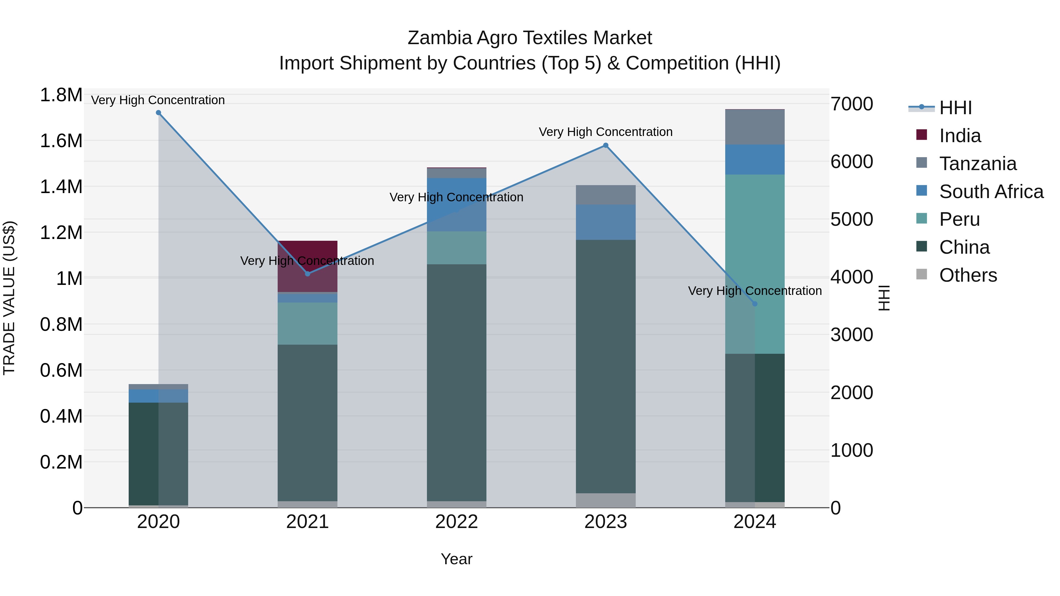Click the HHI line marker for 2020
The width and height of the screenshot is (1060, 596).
pos(158,113)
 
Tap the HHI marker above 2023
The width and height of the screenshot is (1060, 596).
pos(606,145)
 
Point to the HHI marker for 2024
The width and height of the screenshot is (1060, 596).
pos(755,304)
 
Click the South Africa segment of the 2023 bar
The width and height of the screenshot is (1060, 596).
pos(606,222)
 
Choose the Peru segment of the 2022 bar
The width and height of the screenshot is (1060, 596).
pos(456,248)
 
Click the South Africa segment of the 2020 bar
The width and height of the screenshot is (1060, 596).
pos(158,396)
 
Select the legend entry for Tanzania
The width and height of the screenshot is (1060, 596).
pos(978,164)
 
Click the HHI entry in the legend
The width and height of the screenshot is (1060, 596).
pos(955,108)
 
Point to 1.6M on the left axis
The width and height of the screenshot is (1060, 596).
pos(61,141)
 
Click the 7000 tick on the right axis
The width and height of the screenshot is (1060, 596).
pos(851,104)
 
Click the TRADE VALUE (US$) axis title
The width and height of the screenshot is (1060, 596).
pos(9,298)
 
